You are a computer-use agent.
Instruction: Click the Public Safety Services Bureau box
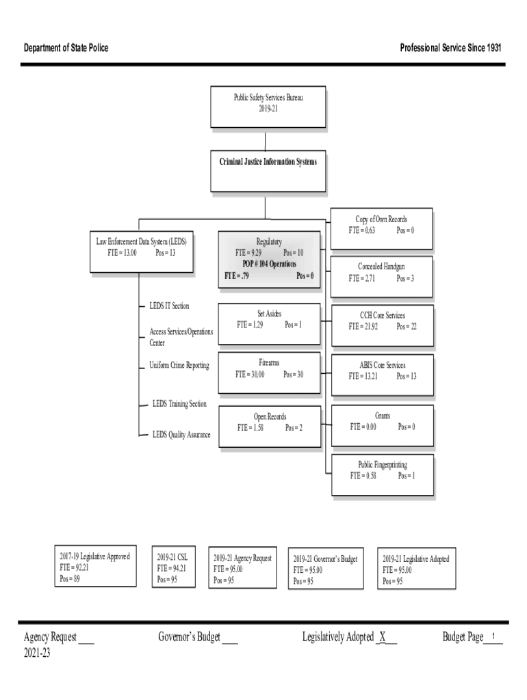tap(268, 107)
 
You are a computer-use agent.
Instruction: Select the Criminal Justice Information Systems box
tap(268, 171)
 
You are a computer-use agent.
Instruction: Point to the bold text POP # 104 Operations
tap(269, 264)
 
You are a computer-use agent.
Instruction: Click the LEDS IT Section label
tap(169, 306)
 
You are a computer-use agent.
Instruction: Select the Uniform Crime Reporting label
tap(179, 366)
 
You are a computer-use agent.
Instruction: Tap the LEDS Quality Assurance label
tap(181, 435)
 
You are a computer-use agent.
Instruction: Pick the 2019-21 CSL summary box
tap(174, 566)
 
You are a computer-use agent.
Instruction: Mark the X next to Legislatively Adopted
tap(383, 638)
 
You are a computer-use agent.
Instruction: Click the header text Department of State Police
tap(66, 48)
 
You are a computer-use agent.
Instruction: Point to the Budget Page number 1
tap(493, 637)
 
